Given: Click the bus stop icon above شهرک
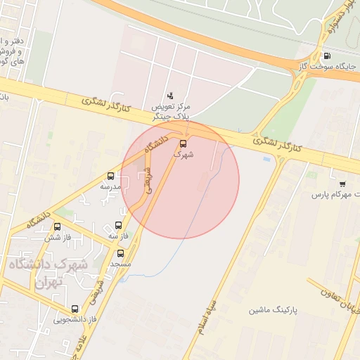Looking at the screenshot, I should coord(184,142).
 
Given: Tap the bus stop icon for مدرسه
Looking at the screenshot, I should coord(111,176).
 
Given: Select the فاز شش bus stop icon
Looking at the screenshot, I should coord(57,227).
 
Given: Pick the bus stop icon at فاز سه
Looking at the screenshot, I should coord(117,226).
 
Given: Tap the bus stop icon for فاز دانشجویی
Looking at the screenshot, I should coord(75,309).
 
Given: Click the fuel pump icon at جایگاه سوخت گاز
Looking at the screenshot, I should coord(326,56).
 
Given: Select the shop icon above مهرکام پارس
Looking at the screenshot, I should coord(342,183).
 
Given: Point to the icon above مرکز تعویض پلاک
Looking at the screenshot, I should coord(170,95).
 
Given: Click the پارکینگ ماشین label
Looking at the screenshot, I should coord(274,309).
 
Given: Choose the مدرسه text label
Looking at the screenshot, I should coord(110,186).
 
